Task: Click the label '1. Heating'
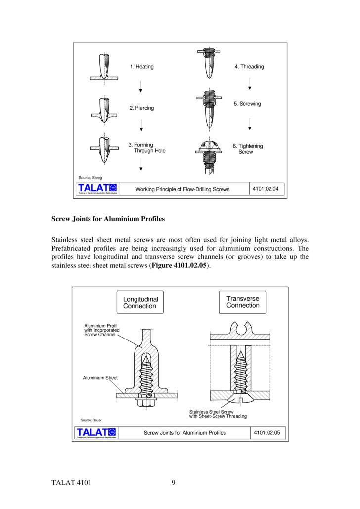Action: coord(141,67)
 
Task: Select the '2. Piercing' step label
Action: coord(141,108)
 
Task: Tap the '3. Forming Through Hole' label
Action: coord(147,148)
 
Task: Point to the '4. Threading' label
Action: coord(249,67)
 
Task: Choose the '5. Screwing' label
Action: coord(247,104)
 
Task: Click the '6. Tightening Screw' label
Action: coord(248,149)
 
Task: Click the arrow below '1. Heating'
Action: coord(141,87)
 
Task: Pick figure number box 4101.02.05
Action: coord(267,433)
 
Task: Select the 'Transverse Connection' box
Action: coord(243,302)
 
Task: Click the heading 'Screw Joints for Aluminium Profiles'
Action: coord(108,218)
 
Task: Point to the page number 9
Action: coord(174,483)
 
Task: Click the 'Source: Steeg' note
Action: coord(90,177)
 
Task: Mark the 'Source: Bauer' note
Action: coord(91,420)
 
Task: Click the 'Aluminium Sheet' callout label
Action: coord(100,378)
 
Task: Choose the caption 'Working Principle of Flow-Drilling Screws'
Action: coord(182,189)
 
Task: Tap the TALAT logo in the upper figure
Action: coord(97,188)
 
